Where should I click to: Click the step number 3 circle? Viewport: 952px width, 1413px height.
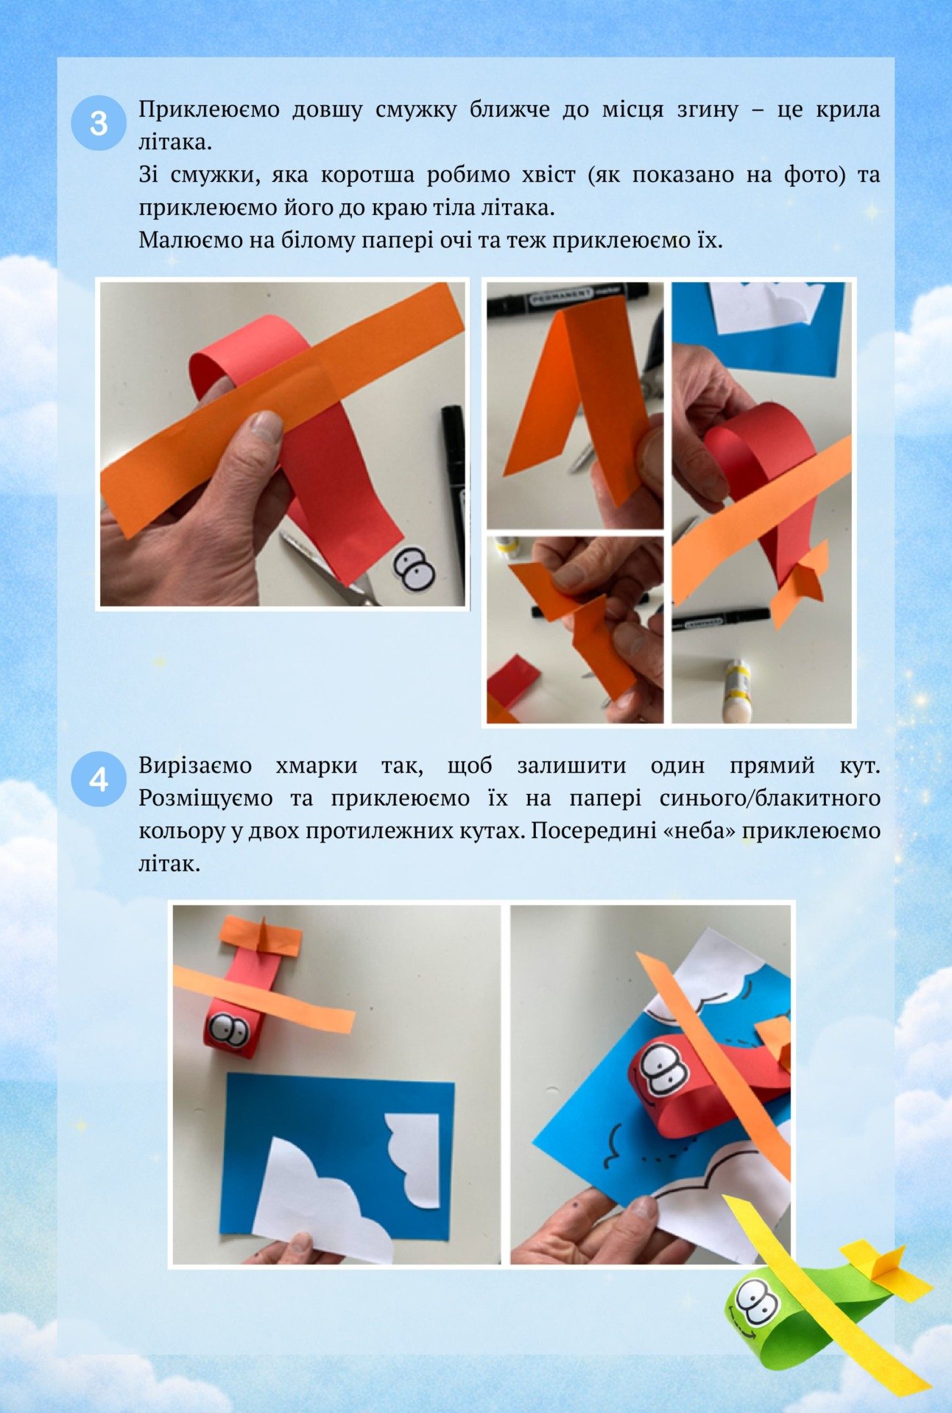click(x=99, y=123)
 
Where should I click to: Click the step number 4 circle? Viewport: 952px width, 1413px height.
click(x=99, y=779)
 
